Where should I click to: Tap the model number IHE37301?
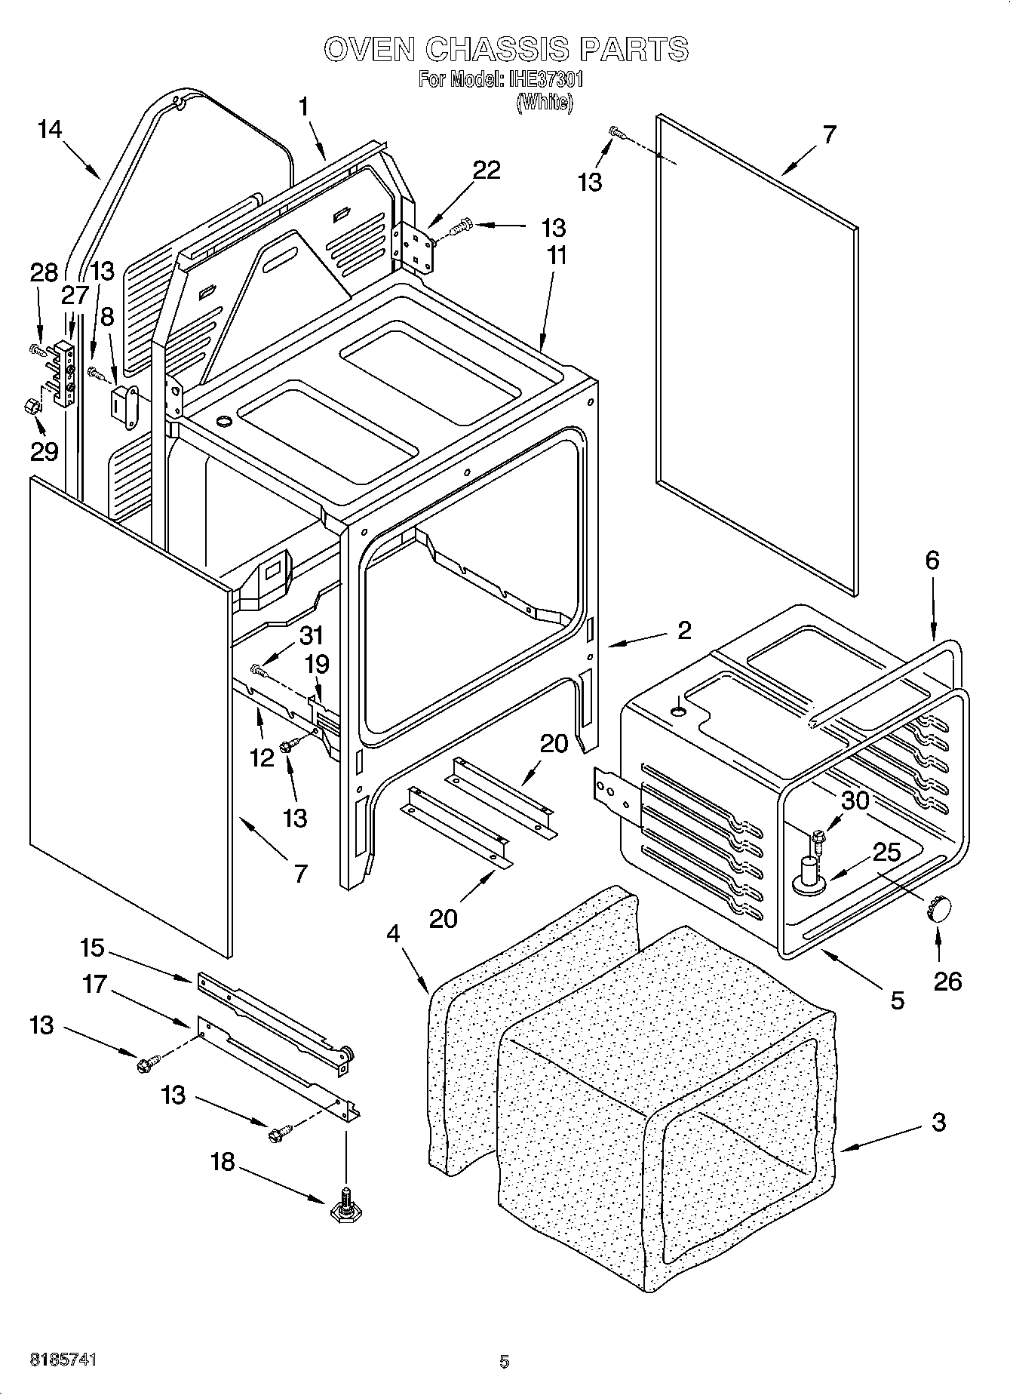(x=545, y=79)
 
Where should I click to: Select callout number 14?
(x=49, y=130)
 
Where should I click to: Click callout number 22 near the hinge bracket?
(x=487, y=171)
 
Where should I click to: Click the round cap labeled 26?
(x=938, y=908)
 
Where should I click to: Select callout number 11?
(x=556, y=256)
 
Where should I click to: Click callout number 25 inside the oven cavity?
(x=887, y=853)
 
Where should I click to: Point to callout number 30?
(x=855, y=800)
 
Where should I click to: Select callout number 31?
(x=311, y=635)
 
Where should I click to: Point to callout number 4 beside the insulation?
(x=393, y=933)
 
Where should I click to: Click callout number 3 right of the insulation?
(x=938, y=1122)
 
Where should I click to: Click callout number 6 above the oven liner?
(x=932, y=560)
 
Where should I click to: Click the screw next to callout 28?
(x=35, y=349)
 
